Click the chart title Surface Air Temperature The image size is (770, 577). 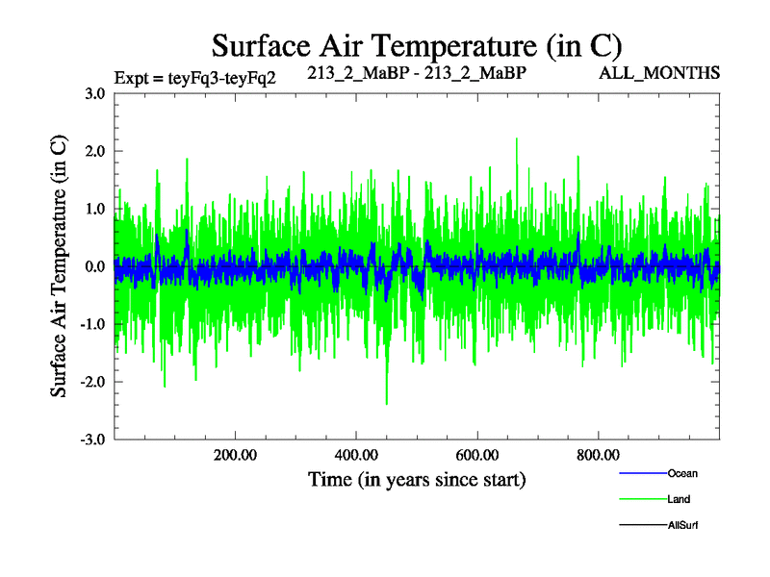pyautogui.click(x=417, y=45)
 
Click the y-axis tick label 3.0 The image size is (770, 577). pyautogui.click(x=94, y=93)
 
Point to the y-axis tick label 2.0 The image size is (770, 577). pyautogui.click(x=94, y=151)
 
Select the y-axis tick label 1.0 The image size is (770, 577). pyautogui.click(x=94, y=209)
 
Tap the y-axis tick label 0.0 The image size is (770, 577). pyautogui.click(x=94, y=266)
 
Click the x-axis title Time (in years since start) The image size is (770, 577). pyautogui.click(x=417, y=478)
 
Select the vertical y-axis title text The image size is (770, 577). pyautogui.click(x=59, y=266)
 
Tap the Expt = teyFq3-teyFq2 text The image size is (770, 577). pyautogui.click(x=195, y=77)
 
